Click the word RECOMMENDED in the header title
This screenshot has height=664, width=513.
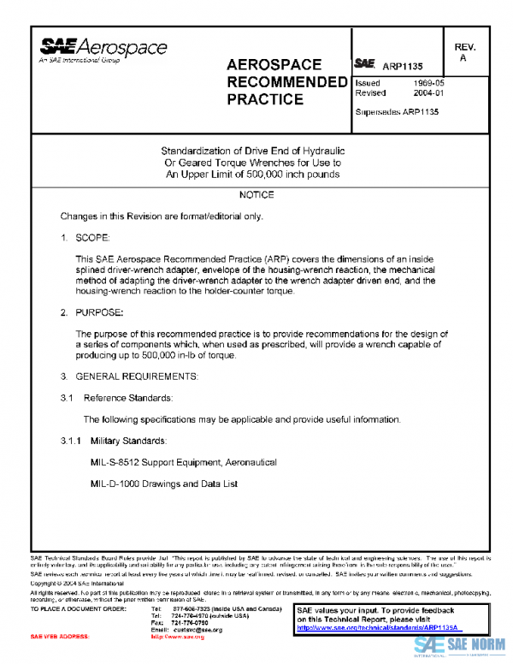click(x=281, y=82)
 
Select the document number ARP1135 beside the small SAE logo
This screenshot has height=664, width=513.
click(x=402, y=65)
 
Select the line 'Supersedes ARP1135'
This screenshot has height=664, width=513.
click(x=397, y=112)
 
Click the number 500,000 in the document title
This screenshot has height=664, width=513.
click(x=253, y=174)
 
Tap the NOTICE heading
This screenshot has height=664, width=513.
click(x=256, y=195)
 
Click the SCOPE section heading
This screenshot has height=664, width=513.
click(x=93, y=236)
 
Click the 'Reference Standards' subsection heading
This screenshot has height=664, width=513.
click(x=116, y=398)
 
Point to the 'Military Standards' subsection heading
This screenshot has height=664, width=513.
click(x=128, y=441)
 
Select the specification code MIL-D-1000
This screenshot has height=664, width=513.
click(x=118, y=484)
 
